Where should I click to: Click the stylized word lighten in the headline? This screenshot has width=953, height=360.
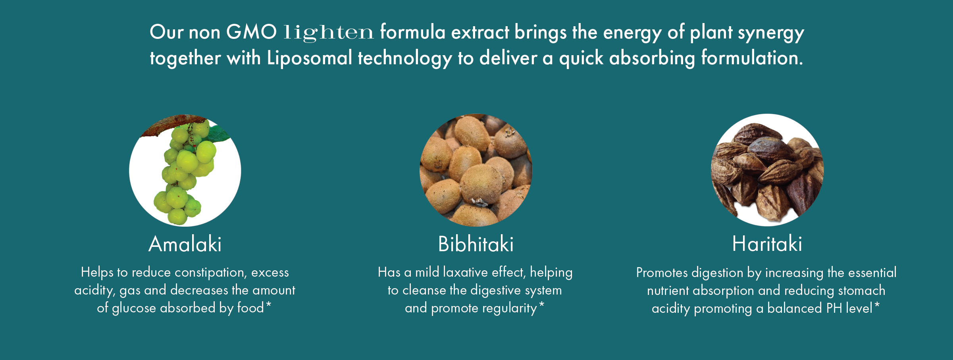pos(329,33)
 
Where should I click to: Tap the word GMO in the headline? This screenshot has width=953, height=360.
pos(251,32)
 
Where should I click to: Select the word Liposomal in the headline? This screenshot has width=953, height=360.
pos(310,58)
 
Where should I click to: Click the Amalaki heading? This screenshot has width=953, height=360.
pos(185,244)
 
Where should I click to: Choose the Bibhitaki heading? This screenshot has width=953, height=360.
pos(476,244)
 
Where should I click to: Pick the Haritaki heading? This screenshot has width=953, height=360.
pos(767,243)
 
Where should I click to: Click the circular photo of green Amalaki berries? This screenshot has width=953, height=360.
pos(185,170)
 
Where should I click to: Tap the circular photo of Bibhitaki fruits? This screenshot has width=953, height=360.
pos(476,170)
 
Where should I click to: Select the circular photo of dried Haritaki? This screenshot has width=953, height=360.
pos(767,170)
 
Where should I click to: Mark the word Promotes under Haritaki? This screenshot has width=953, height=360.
pos(662,273)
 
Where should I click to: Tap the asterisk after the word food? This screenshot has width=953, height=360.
pos(269,304)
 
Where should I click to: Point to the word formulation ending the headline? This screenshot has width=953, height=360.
pos(752,58)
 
